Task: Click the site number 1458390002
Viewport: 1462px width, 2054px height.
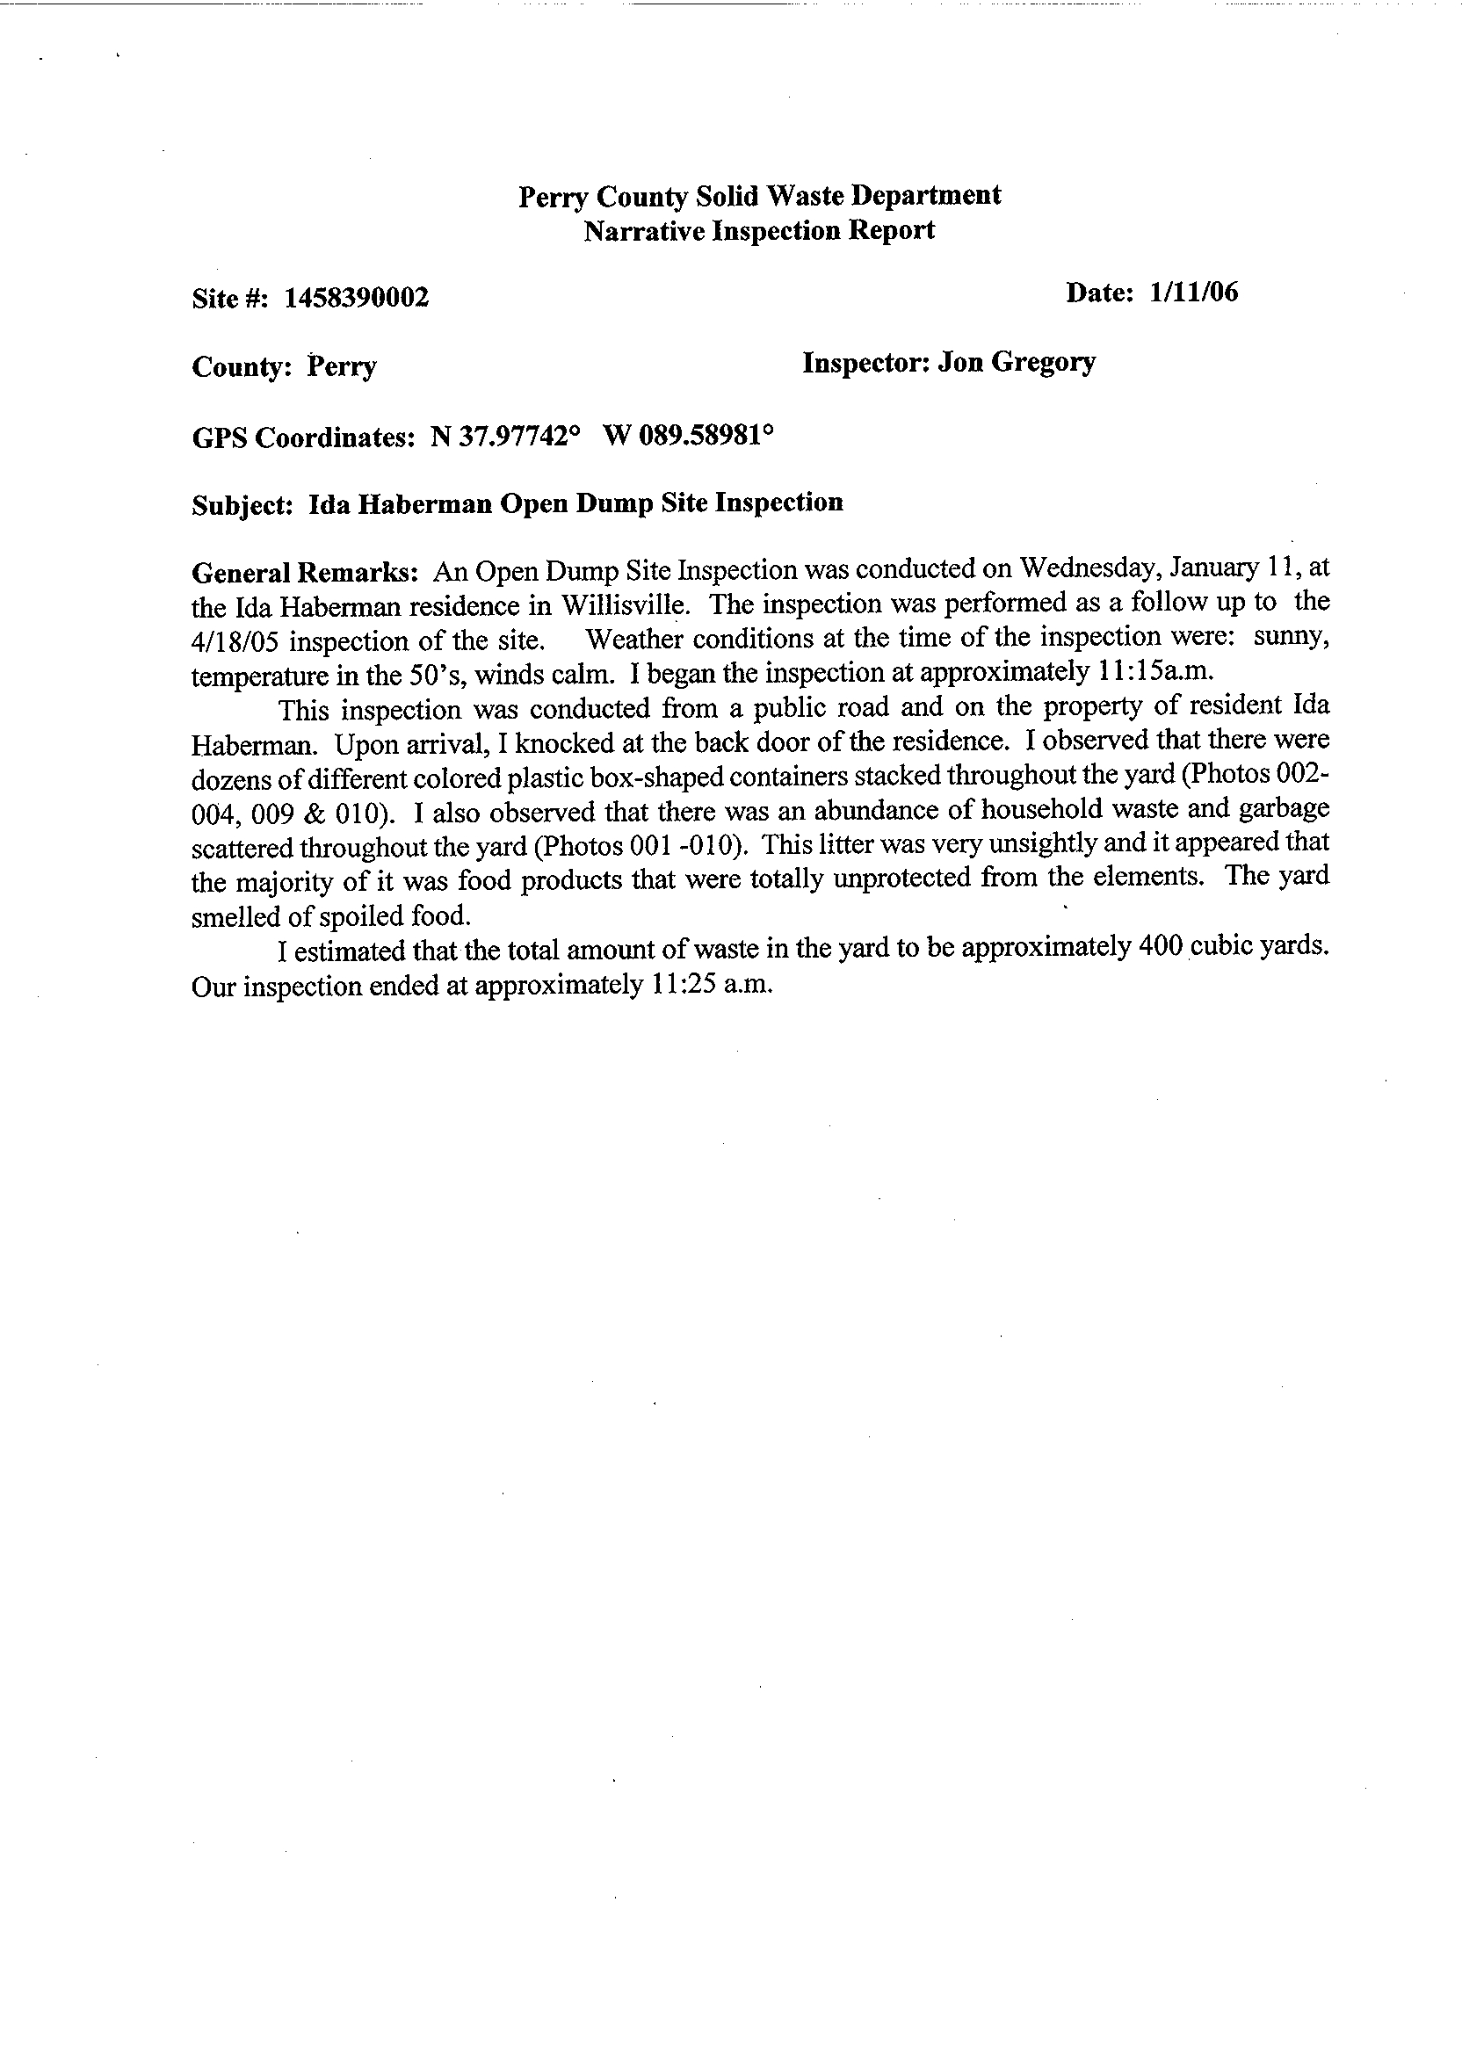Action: pyautogui.click(x=357, y=298)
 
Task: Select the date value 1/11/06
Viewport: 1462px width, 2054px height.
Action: pyautogui.click(x=1193, y=292)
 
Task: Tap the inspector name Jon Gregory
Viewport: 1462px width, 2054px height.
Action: pyautogui.click(x=1017, y=362)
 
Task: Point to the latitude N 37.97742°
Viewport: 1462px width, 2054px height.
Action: pyautogui.click(x=505, y=437)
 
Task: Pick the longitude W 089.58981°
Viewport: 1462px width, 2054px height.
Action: pyautogui.click(x=688, y=436)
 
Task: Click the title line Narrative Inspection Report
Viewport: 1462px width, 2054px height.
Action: pyautogui.click(x=759, y=231)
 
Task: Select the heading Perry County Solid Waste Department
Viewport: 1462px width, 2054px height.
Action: pyautogui.click(x=759, y=195)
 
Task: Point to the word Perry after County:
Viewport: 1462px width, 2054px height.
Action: pyautogui.click(x=342, y=367)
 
